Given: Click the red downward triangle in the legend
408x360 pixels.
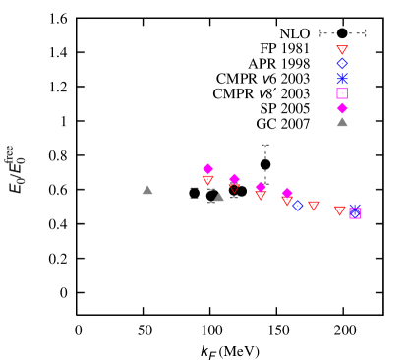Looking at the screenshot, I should tap(342, 49).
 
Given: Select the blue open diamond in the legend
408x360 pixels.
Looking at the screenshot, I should tap(342, 63).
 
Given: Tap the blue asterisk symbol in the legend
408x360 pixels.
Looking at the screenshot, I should tap(342, 78).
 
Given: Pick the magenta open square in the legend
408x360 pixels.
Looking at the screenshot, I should tap(342, 93).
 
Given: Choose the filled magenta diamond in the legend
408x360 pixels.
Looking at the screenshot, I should tap(342, 108).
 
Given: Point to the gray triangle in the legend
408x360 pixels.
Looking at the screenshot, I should tap(342, 122).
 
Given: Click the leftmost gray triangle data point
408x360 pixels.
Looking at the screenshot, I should tap(147, 190).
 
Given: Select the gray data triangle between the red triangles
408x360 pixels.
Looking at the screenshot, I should tap(219, 197).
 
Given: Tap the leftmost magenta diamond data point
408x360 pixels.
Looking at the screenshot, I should tap(207, 169).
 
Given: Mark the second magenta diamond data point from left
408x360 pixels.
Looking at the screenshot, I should tap(234, 179).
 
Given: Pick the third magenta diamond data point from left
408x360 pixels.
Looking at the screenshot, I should tap(261, 187).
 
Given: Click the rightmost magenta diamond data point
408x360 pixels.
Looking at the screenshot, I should tap(287, 193).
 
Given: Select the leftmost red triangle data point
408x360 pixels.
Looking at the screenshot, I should tap(207, 180).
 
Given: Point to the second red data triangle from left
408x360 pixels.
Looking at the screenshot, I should tap(234, 187).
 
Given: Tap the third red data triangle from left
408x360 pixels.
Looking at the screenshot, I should tap(261, 195).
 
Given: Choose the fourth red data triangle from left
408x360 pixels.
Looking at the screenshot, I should tap(287, 201).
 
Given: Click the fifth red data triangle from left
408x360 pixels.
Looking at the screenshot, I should tap(314, 206).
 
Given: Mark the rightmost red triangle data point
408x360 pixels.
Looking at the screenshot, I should tap(339, 210).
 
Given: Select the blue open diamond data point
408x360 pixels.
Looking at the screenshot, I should tap(297, 206).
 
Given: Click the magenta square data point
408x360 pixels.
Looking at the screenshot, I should tap(355, 213).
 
